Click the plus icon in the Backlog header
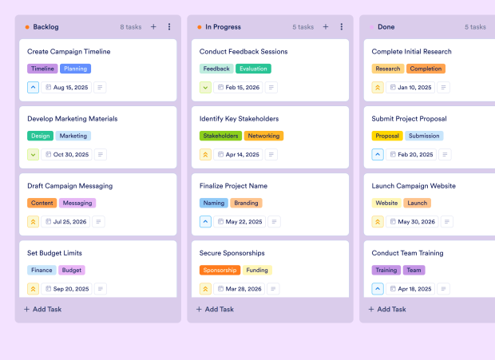(153, 27)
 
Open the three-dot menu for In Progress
(341, 27)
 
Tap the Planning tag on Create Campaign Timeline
(76, 69)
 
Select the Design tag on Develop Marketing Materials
(41, 136)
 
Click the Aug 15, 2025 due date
(66, 87)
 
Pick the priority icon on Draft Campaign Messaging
(34, 222)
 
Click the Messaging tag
(77, 204)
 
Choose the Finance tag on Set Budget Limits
(42, 271)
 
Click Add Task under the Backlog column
(43, 309)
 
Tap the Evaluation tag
(253, 69)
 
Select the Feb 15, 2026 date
(239, 87)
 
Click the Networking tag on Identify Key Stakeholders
(263, 136)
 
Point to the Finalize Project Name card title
(233, 186)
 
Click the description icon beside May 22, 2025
(274, 222)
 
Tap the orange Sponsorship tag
(220, 271)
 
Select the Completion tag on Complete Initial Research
(426, 69)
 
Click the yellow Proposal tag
(387, 136)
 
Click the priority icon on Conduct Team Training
(378, 289)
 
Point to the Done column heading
(386, 27)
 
